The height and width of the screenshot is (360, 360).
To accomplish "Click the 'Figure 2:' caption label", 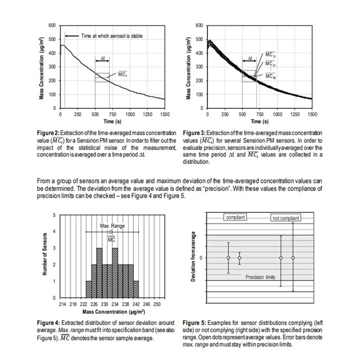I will tap(48, 133).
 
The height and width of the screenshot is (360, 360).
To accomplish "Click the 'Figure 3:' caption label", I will tap(194, 133).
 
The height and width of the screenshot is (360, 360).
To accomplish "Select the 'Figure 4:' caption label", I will tap(48, 323).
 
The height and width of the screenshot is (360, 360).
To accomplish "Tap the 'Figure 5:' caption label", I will tap(194, 323).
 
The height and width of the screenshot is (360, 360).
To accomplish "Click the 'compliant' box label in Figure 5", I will tap(235, 217).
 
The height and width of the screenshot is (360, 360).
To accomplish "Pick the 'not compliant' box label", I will tap(286, 218).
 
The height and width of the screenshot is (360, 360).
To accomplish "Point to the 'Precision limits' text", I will tap(260, 277).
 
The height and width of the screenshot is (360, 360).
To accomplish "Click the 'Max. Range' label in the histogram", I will tap(112, 226).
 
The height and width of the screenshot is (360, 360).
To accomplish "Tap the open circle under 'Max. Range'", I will tap(111, 232).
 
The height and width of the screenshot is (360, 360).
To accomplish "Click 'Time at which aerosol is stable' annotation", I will tap(112, 36).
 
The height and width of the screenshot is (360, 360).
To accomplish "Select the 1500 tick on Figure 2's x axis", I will tap(165, 114).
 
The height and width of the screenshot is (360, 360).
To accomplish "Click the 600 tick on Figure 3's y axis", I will tap(199, 25).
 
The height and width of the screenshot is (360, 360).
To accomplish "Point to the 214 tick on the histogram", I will tap(62, 304).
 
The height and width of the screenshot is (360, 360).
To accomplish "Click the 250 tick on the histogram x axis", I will tap(157, 304).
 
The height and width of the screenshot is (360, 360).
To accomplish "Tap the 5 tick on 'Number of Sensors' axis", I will tap(54, 215).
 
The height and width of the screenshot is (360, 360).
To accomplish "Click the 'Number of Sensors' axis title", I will tap(45, 254).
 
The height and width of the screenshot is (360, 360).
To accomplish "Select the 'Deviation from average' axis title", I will tap(193, 256).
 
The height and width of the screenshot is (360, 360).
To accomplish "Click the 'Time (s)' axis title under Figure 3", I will tap(259, 121).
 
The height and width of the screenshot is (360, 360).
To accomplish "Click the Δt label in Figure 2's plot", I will tap(103, 58).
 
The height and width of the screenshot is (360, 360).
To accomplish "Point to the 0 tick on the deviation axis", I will tap(201, 258).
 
